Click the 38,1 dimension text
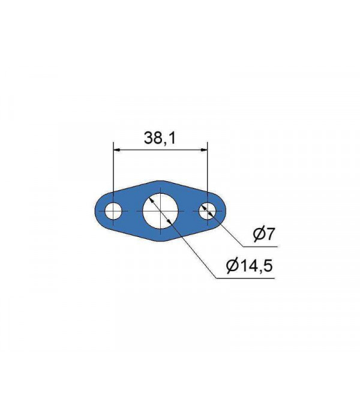[x=159, y=138]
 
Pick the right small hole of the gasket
[x=207, y=211]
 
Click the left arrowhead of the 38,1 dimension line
[x=116, y=149]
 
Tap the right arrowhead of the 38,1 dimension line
[x=204, y=149]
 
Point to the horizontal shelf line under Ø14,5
[x=246, y=278]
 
